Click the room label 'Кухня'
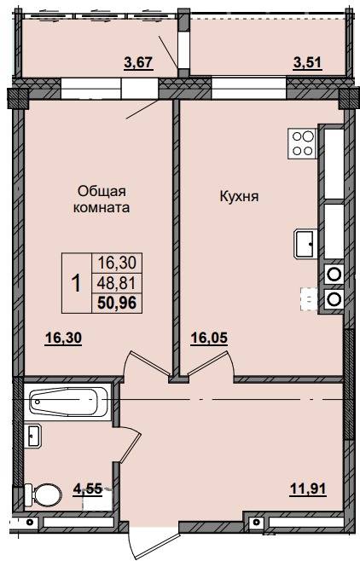(x=240, y=197)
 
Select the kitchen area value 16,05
(x=210, y=338)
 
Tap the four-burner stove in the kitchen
(x=302, y=142)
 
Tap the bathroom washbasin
(x=34, y=436)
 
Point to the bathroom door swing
(x=130, y=443)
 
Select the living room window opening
(x=91, y=88)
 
